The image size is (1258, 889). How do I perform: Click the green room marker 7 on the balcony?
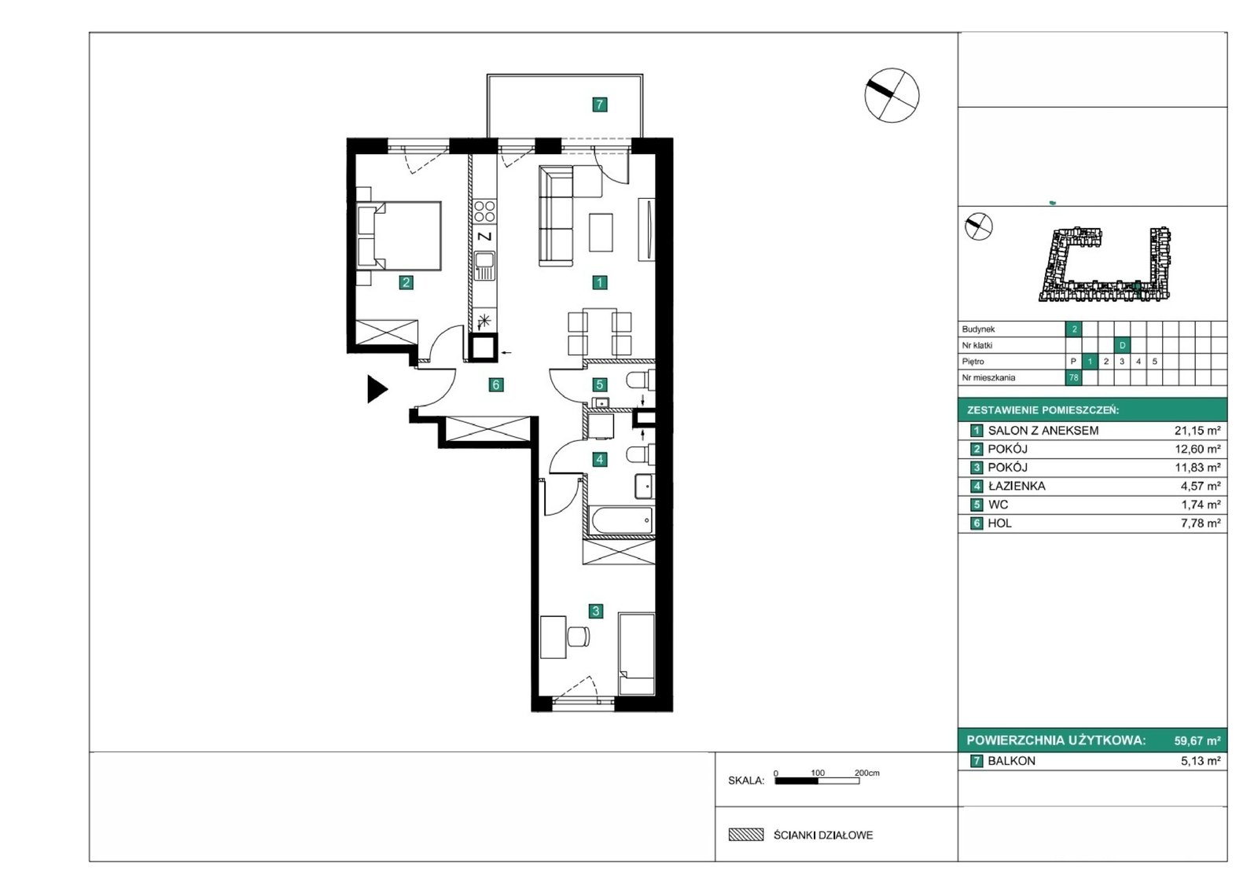600,104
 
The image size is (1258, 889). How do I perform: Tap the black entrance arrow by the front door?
377,388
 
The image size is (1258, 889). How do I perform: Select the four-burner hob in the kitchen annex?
484,211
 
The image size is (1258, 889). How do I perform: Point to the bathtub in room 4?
620,520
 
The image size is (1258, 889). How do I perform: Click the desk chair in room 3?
578,636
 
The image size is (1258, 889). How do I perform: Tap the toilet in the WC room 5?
640,380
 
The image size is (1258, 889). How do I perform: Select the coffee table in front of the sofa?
601,232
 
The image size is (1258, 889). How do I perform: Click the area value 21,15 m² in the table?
1197,431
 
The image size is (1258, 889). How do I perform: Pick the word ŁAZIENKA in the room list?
1017,487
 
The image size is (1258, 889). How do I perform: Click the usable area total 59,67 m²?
1197,740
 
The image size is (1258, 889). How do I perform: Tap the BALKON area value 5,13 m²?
1201,761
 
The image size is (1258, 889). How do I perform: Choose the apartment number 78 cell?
1073,377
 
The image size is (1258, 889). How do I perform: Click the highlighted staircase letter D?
1122,345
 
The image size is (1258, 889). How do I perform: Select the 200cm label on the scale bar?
867,773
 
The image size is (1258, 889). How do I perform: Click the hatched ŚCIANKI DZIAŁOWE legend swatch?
746,835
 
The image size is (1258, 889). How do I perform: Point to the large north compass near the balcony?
892,95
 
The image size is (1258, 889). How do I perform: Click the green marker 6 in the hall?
495,384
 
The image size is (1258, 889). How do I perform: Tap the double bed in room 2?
399,236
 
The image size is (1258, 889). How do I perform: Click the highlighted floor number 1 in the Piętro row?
1090,361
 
